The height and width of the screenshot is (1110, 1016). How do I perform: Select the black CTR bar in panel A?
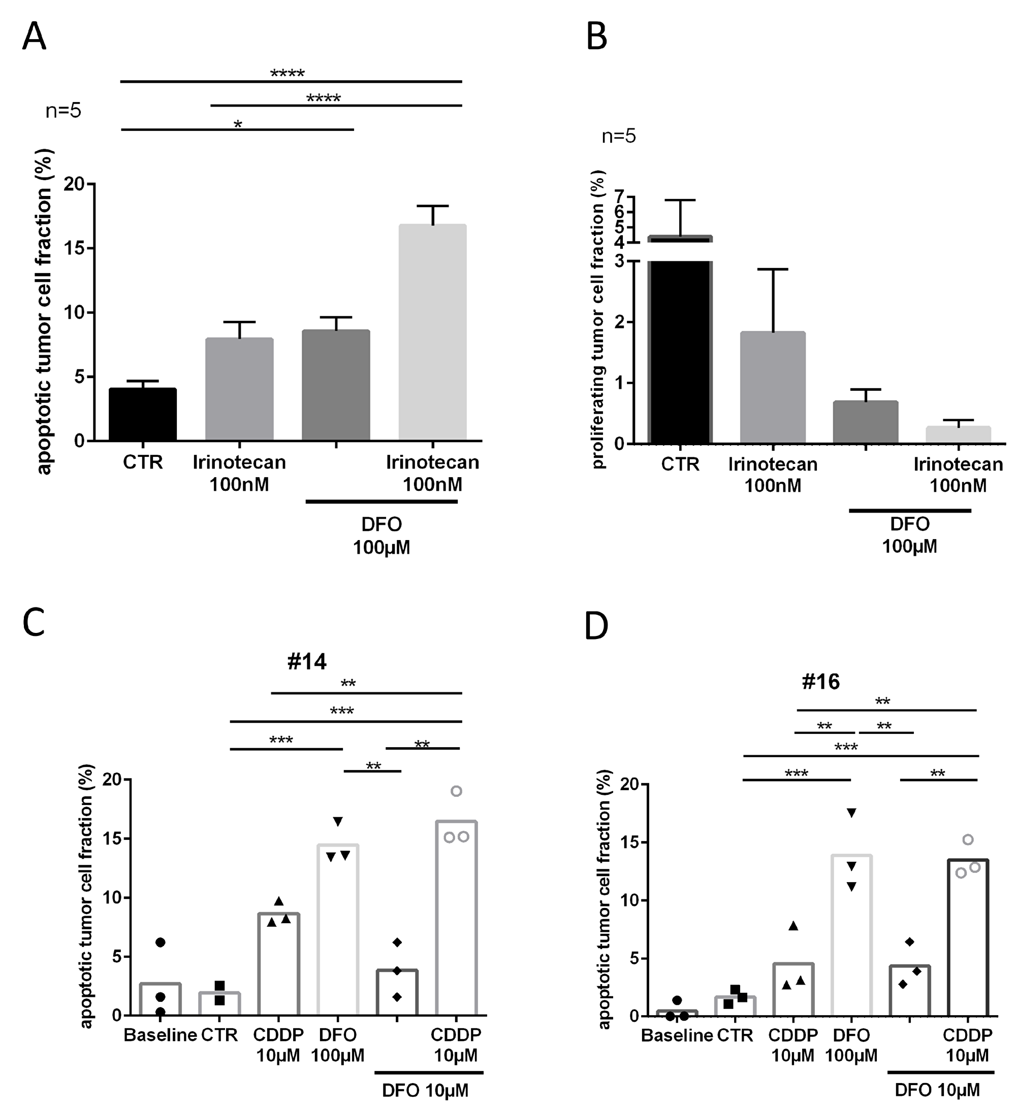143,414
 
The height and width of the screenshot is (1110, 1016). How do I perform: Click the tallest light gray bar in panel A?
432,332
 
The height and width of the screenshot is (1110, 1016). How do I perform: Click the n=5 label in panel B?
619,136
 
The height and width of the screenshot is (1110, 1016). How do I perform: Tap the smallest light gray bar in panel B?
958,434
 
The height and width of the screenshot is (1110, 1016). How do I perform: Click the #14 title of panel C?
307,661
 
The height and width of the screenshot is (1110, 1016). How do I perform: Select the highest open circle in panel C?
456,791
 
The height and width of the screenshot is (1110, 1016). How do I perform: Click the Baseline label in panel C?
160,1035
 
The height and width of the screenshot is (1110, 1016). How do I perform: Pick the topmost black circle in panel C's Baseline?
161,943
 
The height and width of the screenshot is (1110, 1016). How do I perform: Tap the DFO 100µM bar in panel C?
338,930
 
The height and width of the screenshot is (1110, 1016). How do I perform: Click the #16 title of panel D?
820,682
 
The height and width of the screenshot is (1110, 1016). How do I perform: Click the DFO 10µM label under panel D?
938,1090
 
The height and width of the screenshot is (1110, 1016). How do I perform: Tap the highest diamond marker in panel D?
910,942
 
